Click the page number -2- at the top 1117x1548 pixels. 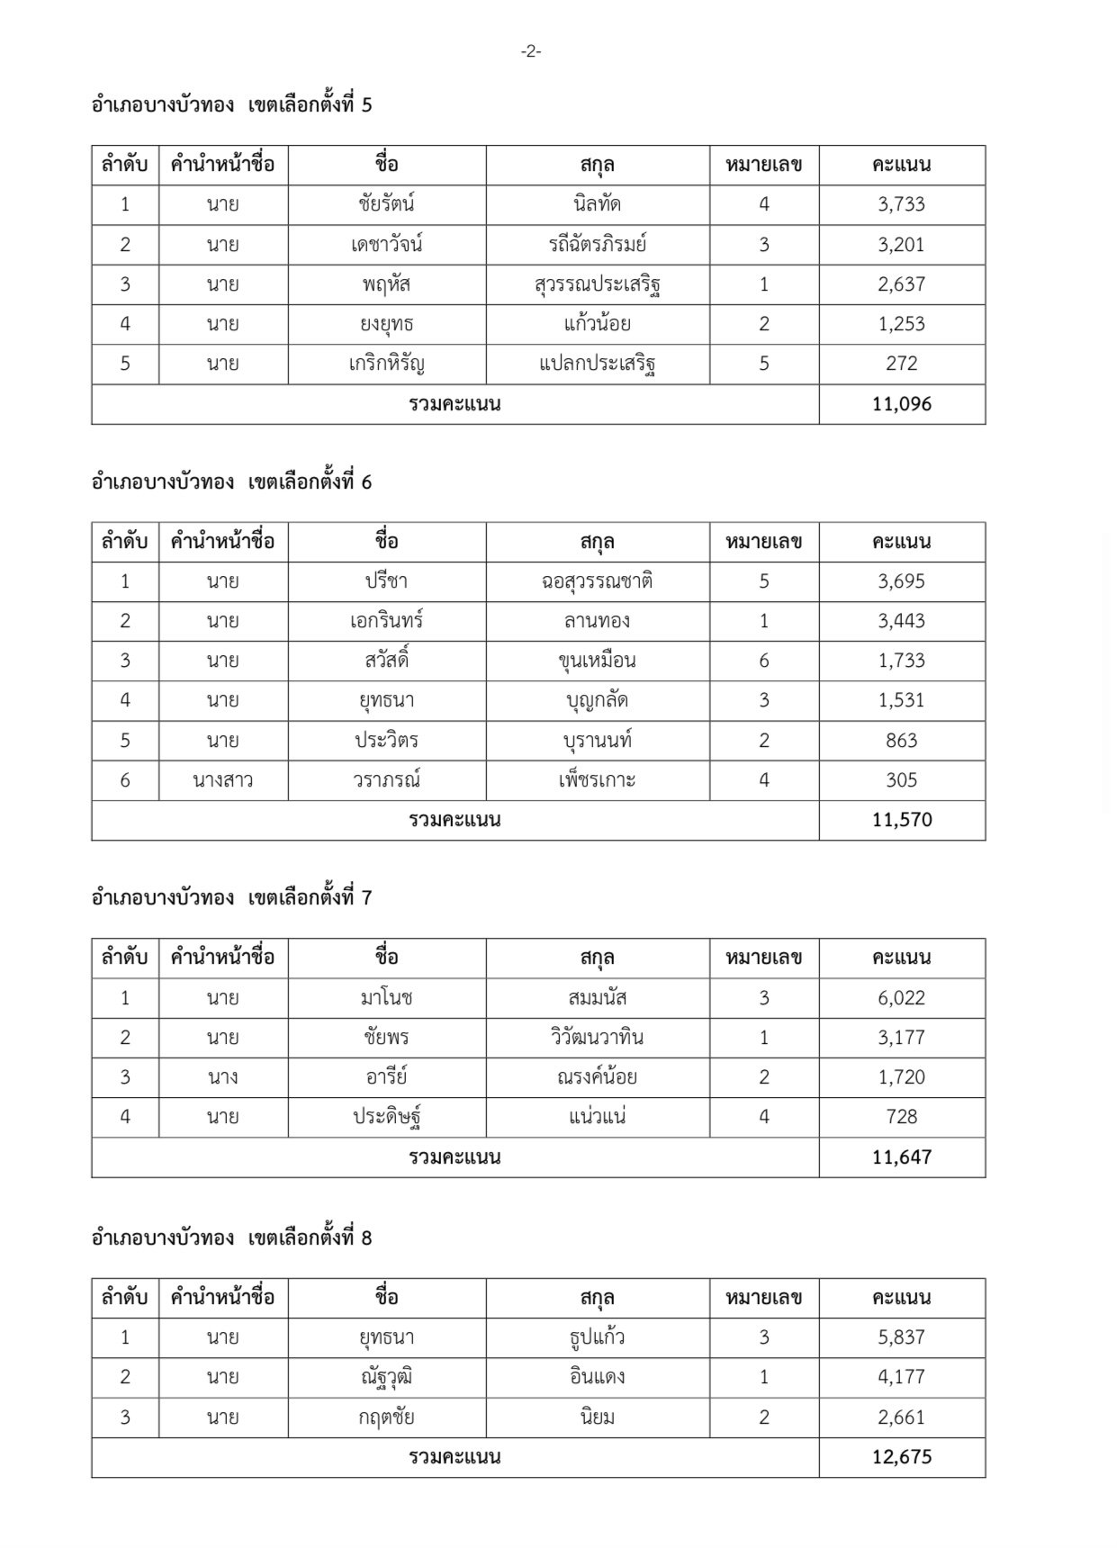531,52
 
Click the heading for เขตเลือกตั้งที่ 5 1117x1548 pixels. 231,105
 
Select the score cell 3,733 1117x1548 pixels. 901,204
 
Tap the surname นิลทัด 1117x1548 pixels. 597,204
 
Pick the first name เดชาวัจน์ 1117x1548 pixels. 386,244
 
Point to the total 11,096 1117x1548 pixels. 901,404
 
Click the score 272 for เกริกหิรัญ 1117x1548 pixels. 901,364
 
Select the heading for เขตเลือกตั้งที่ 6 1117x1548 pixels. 231,482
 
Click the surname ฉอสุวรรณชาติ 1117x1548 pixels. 597,581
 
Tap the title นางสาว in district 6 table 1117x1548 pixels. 222,780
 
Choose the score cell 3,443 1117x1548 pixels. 901,621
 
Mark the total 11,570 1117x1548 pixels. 901,820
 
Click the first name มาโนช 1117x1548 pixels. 386,997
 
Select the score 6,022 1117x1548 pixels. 901,997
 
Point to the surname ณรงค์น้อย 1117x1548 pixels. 597,1077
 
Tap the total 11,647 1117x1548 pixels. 901,1156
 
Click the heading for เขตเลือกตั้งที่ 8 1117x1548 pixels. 231,1238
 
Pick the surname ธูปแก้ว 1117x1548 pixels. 597,1337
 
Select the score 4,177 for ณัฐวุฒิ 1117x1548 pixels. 901,1377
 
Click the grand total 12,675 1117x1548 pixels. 901,1457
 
